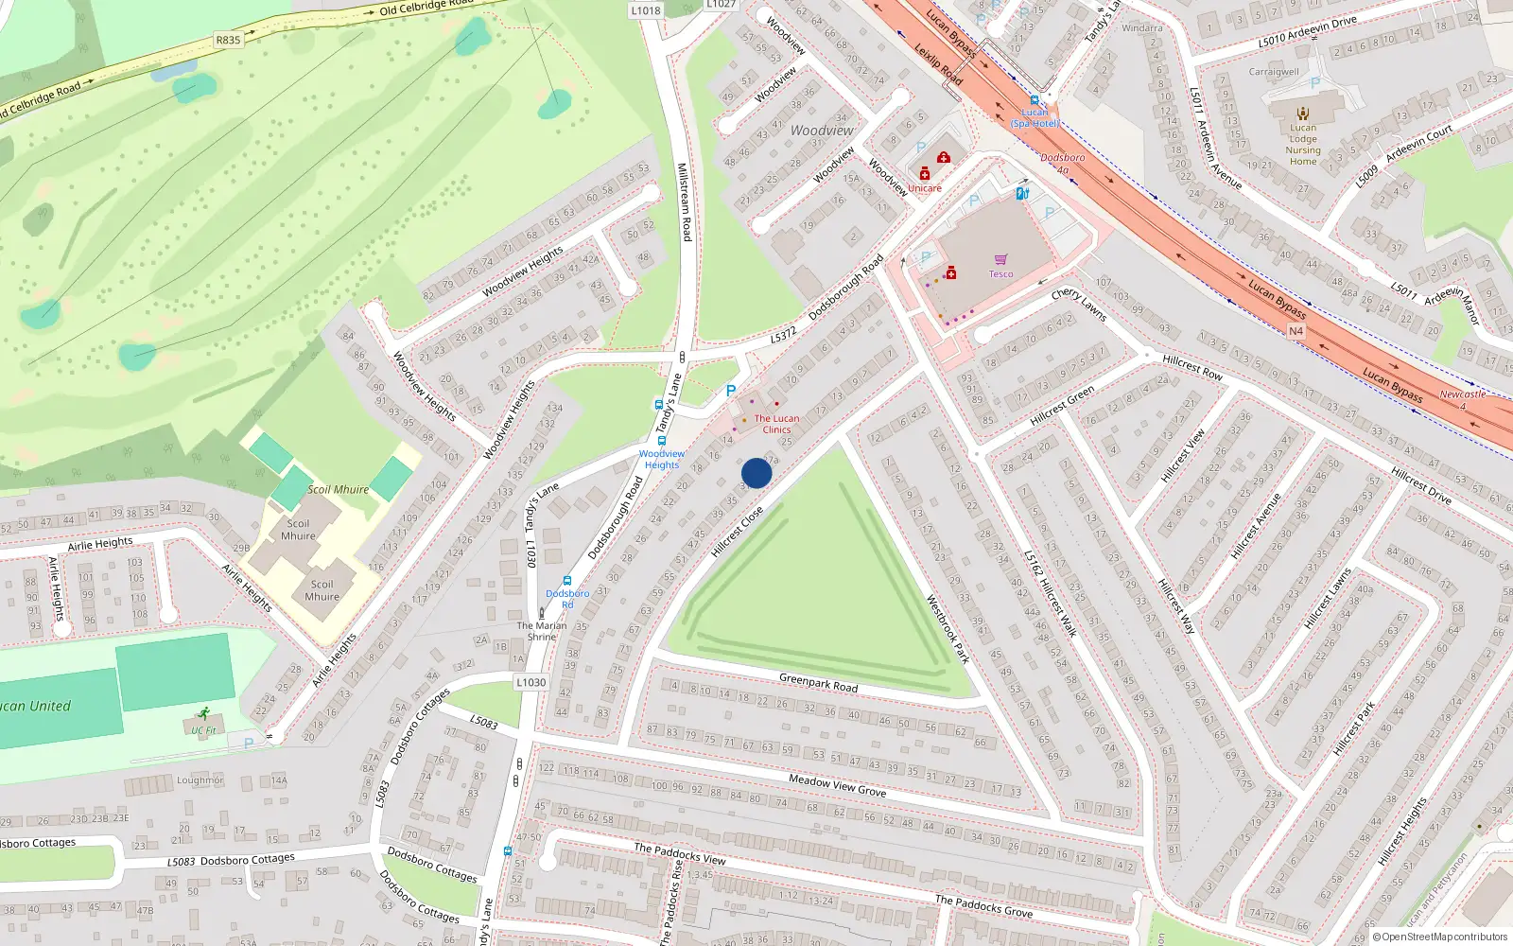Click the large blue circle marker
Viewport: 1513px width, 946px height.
point(756,473)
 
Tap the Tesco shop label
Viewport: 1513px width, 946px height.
point(1000,274)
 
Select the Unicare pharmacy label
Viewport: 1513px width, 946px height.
point(925,188)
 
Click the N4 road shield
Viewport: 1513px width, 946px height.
point(1296,331)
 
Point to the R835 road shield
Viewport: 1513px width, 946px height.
point(228,40)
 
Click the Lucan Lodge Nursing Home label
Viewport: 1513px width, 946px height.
point(1303,144)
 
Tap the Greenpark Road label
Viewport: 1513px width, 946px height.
point(818,682)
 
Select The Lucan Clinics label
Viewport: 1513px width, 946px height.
point(776,424)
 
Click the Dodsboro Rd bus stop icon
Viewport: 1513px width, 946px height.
point(567,582)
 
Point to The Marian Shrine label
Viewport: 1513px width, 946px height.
point(542,631)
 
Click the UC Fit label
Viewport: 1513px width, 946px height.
point(203,730)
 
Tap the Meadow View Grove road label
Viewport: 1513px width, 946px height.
point(837,784)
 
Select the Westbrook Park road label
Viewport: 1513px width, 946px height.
point(947,628)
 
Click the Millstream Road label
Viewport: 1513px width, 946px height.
point(685,201)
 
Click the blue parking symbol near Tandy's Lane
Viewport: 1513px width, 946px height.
point(730,391)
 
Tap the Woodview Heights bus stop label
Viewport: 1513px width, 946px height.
point(662,459)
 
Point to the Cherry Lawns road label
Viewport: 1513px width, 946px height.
point(1079,305)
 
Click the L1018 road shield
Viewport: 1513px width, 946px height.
point(646,10)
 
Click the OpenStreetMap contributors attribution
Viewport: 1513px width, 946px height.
point(1440,937)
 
